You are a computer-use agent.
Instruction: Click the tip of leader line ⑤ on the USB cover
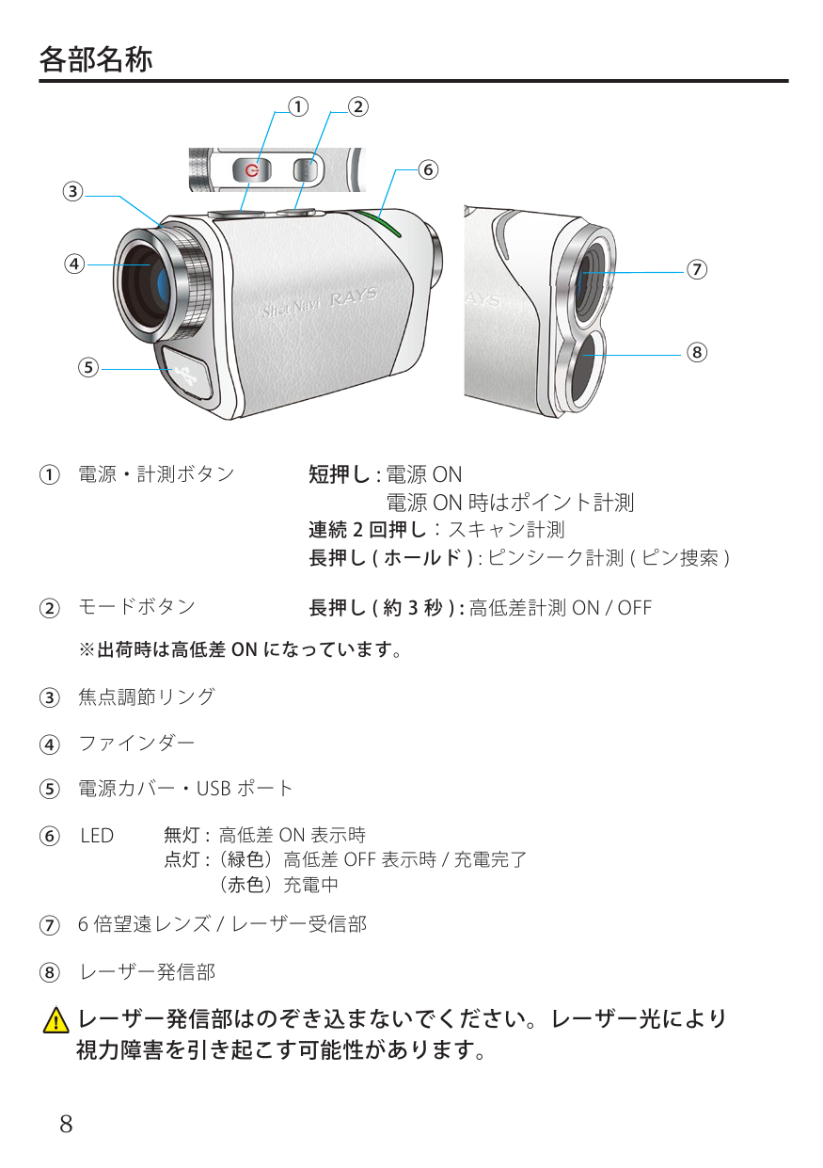coord(172,369)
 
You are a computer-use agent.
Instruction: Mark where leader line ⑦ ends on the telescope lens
coord(584,273)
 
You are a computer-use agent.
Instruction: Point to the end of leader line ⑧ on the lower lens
coord(585,355)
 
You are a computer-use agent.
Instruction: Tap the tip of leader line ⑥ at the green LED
coord(379,217)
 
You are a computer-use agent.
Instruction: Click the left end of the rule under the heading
coord(40,81)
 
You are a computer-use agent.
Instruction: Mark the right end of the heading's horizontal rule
coord(788,81)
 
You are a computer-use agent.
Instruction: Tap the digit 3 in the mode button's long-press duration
coord(413,607)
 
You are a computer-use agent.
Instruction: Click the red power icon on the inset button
coord(252,170)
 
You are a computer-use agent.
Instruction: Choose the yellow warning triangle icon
coord(55,1021)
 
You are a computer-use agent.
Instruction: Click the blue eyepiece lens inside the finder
coord(162,286)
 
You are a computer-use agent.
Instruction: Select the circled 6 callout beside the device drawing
coord(428,169)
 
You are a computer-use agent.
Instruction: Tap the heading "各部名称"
coord(96,59)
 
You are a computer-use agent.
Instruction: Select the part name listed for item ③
coord(147,696)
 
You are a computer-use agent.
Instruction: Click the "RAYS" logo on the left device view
coord(354,297)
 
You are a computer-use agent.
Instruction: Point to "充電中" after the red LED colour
coord(310,885)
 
